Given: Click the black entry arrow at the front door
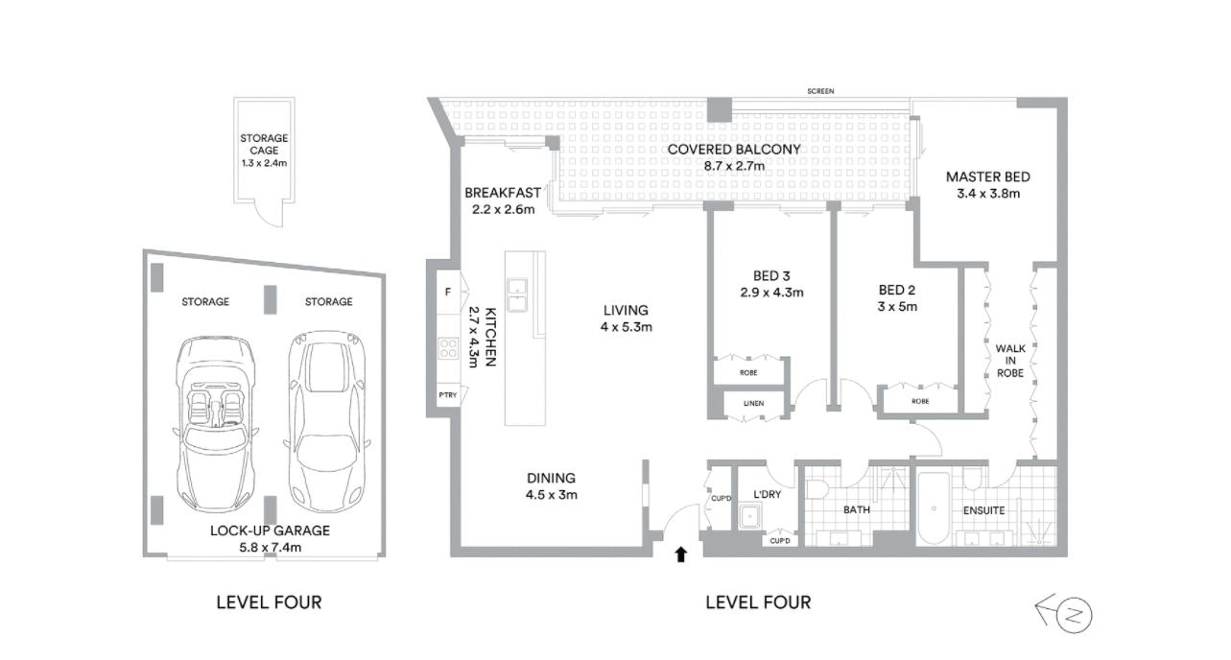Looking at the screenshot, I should click(681, 554).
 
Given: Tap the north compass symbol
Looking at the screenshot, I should click(1073, 614).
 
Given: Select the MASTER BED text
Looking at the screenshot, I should click(988, 177).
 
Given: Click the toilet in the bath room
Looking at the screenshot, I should click(817, 489).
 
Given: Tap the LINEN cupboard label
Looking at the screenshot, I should click(754, 403).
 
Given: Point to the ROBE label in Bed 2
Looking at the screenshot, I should click(920, 401).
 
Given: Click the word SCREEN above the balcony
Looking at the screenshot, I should click(819, 91).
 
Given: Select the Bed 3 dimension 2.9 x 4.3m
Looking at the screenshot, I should click(771, 292).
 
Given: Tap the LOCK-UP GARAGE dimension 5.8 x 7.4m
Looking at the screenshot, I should click(270, 547).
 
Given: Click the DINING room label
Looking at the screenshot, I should click(551, 478).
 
